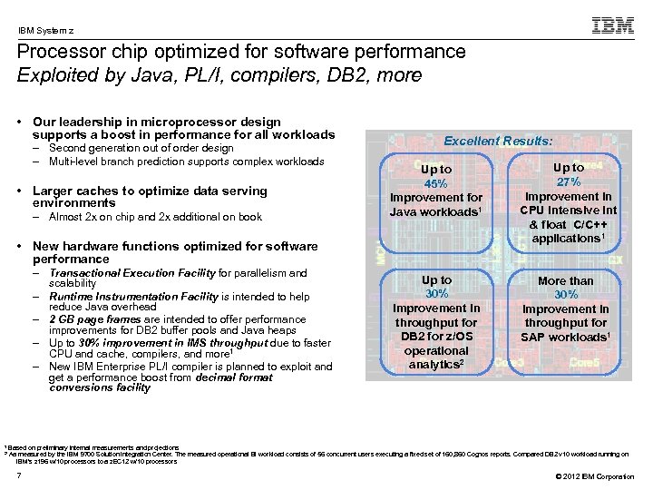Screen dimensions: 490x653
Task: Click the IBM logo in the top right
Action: click(x=612, y=25)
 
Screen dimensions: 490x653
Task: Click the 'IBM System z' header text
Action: click(x=46, y=30)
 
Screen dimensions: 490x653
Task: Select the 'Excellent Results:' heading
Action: click(x=498, y=141)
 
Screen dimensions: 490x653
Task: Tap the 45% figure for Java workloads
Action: click(x=436, y=183)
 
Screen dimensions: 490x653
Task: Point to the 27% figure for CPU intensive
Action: click(x=568, y=181)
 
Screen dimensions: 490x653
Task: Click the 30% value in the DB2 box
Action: click(x=436, y=294)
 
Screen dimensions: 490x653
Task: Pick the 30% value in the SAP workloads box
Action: click(x=566, y=295)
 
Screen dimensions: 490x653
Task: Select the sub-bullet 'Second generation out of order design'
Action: click(x=141, y=148)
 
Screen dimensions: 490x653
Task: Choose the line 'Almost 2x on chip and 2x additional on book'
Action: click(x=155, y=217)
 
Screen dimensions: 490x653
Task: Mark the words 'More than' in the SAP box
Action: click(x=566, y=281)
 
